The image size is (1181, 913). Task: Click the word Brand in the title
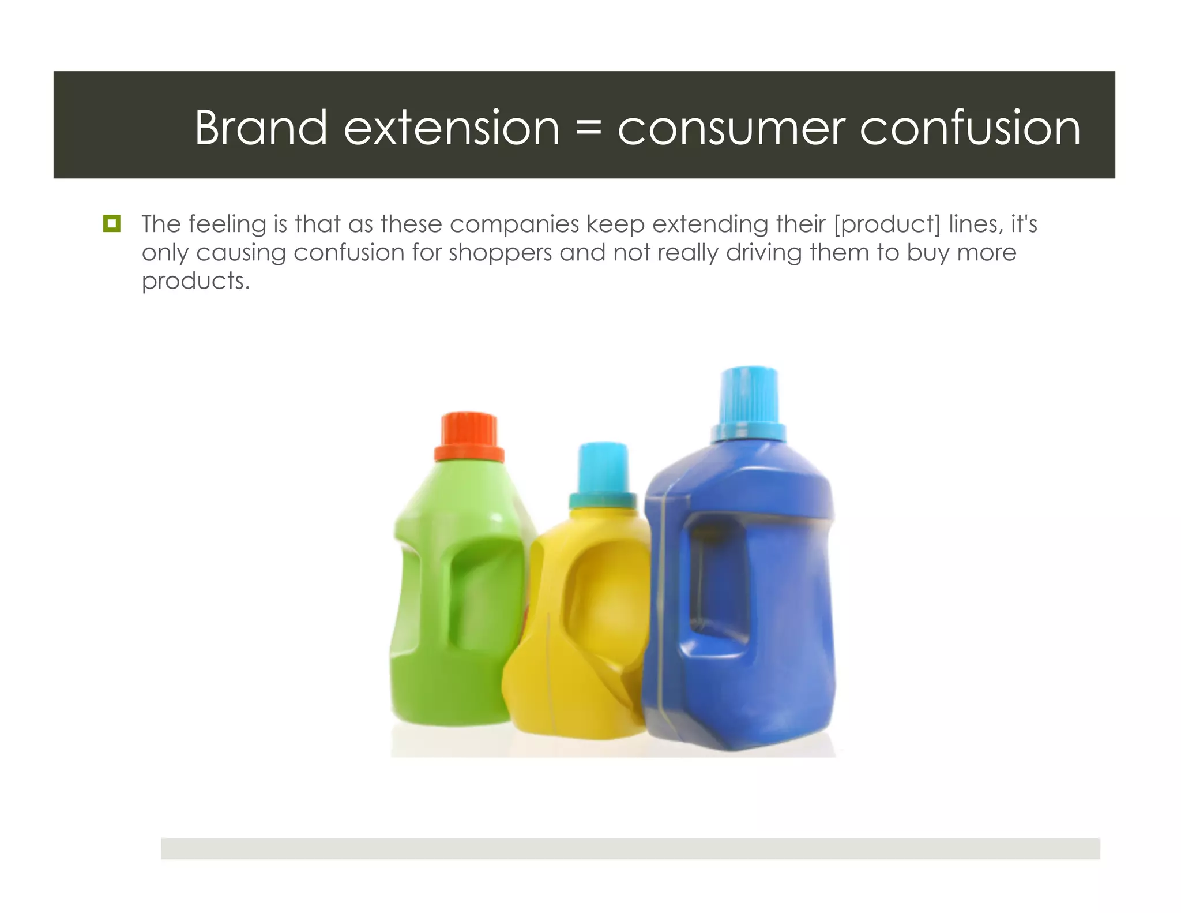(x=261, y=128)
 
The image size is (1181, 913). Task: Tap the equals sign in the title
(x=588, y=129)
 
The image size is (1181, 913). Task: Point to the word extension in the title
(x=452, y=128)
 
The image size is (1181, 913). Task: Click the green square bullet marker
(x=111, y=224)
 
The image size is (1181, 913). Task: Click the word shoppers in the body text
(x=500, y=253)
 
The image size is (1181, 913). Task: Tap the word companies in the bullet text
(x=514, y=224)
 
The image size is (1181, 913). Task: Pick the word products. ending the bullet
(x=195, y=281)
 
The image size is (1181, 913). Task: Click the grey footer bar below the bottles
(x=630, y=848)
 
